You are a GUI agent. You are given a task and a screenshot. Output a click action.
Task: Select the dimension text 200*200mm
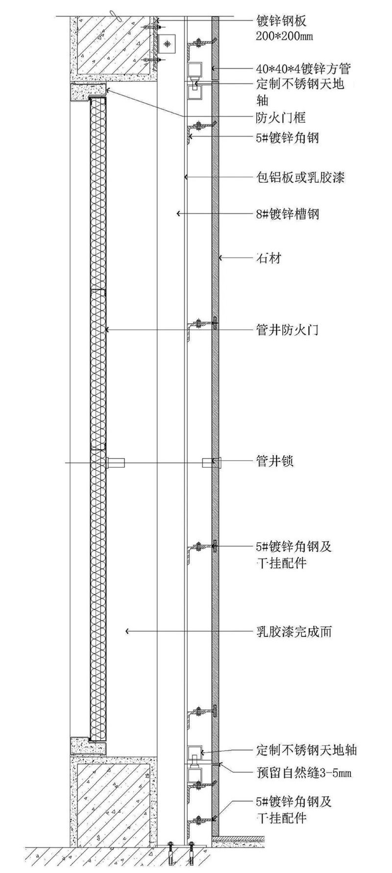pyautogui.click(x=285, y=36)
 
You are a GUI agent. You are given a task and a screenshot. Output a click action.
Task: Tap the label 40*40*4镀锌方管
pyautogui.click(x=303, y=68)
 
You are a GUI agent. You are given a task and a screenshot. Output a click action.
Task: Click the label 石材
pyautogui.click(x=269, y=258)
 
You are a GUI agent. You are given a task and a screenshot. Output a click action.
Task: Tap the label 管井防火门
pyautogui.click(x=287, y=330)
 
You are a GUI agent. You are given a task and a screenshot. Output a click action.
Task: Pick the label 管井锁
pyautogui.click(x=275, y=461)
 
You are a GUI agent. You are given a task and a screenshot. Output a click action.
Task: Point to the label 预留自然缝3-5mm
pyautogui.click(x=304, y=773)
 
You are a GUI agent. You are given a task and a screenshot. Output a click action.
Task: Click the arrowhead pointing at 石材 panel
pyautogui.click(x=221, y=258)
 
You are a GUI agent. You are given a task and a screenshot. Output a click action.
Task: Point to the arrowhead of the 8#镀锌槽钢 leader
pyautogui.click(x=178, y=214)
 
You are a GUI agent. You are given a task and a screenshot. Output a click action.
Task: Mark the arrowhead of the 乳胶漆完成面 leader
pyautogui.click(x=127, y=631)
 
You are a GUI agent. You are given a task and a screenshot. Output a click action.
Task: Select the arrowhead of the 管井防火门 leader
pyautogui.click(x=107, y=330)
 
